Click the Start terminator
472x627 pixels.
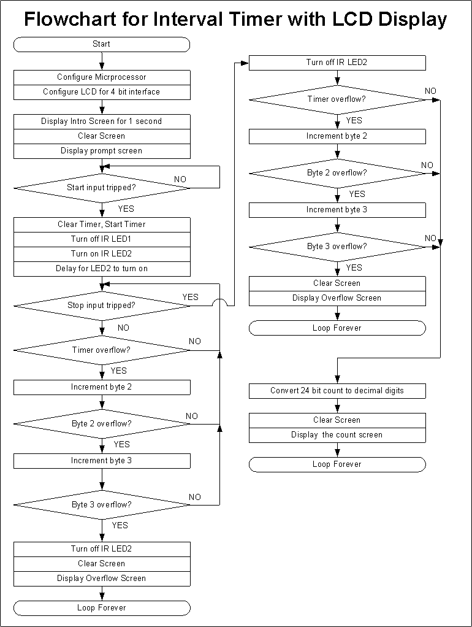(101, 44)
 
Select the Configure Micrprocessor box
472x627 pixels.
(101, 77)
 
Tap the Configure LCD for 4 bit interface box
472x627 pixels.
(101, 92)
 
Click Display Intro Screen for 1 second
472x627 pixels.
(101, 121)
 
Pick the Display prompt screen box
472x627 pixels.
(101, 151)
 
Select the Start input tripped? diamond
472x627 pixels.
(101, 188)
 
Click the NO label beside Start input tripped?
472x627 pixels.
(180, 179)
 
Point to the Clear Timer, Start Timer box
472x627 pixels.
(101, 225)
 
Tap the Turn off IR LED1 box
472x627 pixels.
(101, 239)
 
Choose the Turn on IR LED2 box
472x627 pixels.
(101, 254)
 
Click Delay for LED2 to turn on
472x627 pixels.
(101, 269)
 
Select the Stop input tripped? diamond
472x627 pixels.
(101, 306)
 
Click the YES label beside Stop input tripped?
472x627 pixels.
(191, 297)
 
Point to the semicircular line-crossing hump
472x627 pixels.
(219, 302)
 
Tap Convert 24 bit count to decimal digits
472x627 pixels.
(337, 390)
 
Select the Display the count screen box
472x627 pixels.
(337, 435)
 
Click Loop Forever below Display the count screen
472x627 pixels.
(337, 464)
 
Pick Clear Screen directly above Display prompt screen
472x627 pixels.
(101, 136)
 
